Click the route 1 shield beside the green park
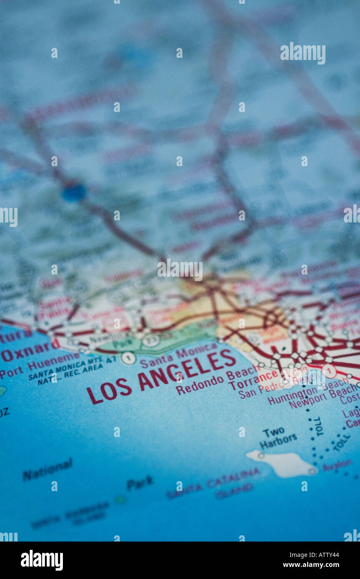pyautogui.click(x=128, y=358)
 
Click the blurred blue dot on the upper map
pyautogui.click(x=74, y=192)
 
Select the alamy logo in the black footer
pyautogui.click(x=42, y=560)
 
